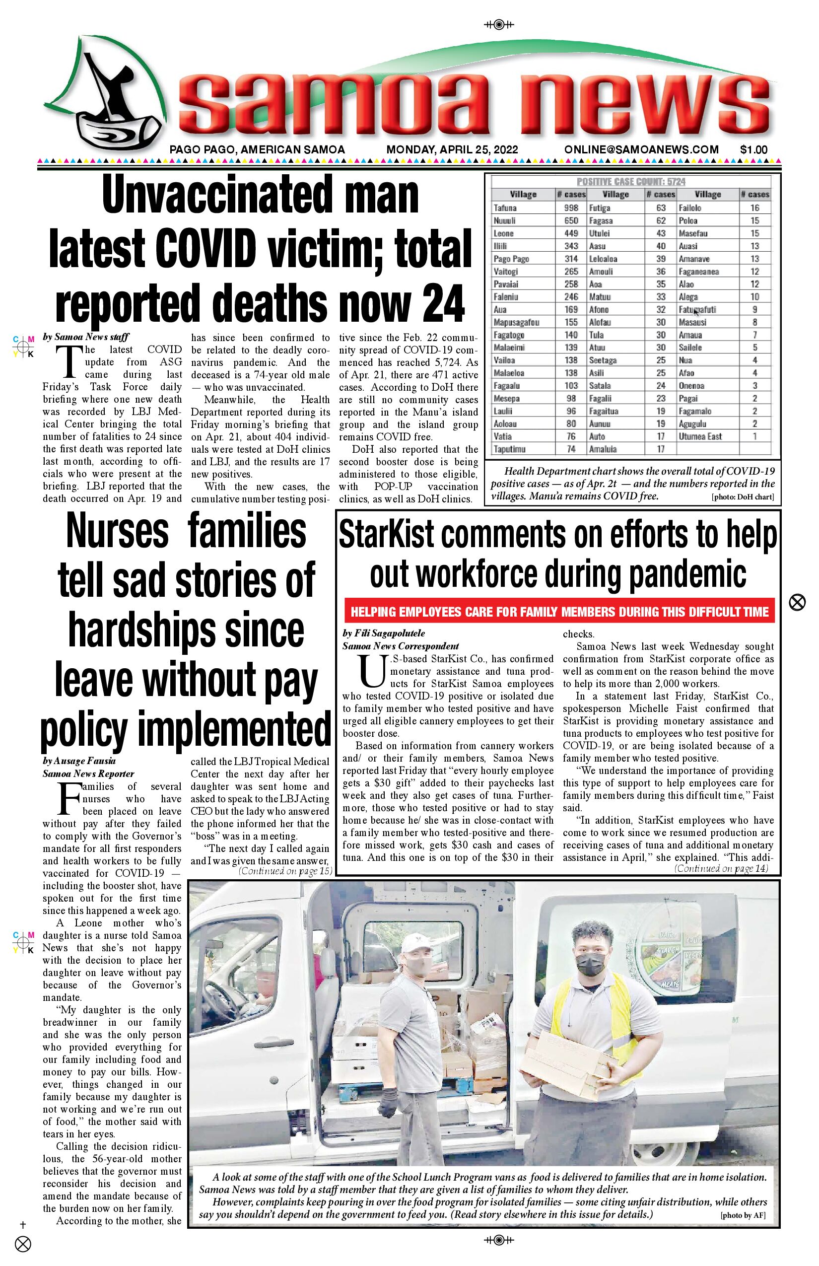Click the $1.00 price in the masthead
(x=753, y=150)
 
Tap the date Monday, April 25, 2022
(x=452, y=150)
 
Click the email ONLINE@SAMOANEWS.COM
(x=641, y=150)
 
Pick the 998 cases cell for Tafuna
(x=571, y=208)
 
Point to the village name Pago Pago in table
(x=511, y=259)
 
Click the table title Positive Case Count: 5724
(x=631, y=181)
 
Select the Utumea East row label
(x=700, y=437)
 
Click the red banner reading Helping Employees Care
(x=559, y=612)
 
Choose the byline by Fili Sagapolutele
(x=383, y=633)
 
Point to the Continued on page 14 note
(x=721, y=869)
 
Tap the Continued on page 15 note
(x=285, y=871)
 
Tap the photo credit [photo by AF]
(x=743, y=1215)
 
